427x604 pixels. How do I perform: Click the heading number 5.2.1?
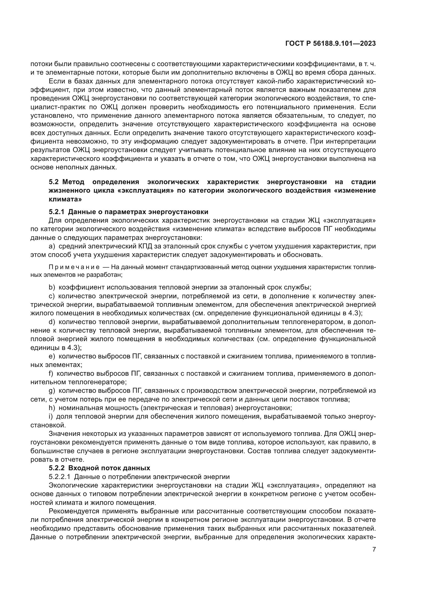[x=57, y=212]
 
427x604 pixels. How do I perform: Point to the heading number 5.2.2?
[x=57, y=468]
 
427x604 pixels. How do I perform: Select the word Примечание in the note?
[x=74, y=267]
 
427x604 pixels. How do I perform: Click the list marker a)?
[x=52, y=247]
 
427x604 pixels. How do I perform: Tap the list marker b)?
[x=52, y=287]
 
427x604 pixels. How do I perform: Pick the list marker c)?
[x=52, y=296]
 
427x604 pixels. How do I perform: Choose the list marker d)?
[x=52, y=322]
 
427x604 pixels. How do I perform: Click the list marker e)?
[x=52, y=356]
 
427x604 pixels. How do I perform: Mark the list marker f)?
[x=51, y=374]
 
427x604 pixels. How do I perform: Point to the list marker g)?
[x=52, y=391]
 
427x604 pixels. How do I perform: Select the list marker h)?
[x=52, y=408]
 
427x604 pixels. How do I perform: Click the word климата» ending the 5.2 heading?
[x=65, y=199]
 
